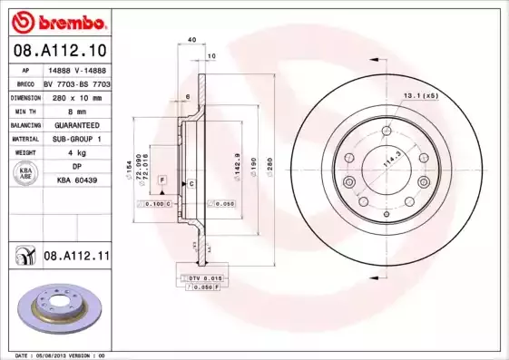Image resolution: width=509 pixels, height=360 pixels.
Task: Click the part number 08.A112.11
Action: click(76, 258)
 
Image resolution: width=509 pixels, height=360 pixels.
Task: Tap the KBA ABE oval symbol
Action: click(26, 175)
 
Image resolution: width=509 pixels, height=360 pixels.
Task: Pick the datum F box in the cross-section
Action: click(162, 181)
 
